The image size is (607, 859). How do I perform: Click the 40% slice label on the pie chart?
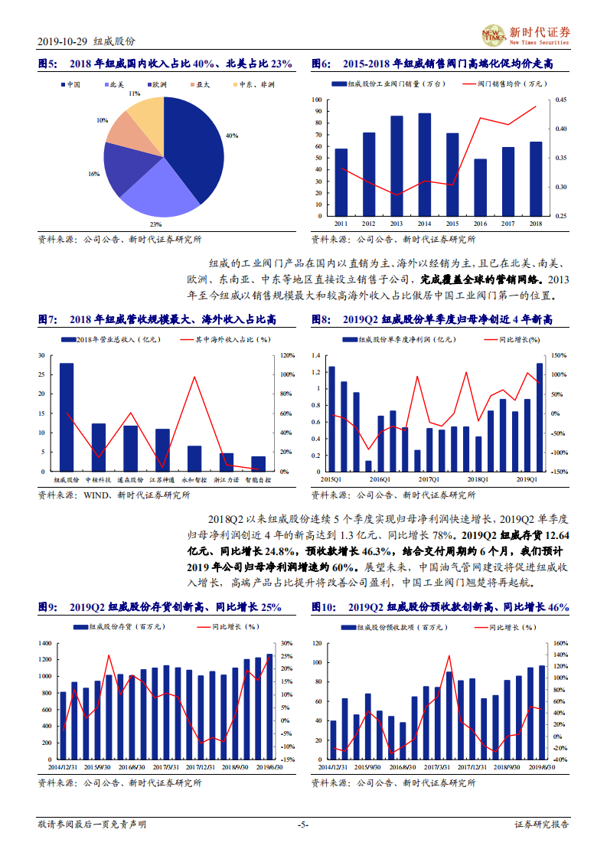point(231,136)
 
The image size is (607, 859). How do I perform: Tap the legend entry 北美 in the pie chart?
point(116,84)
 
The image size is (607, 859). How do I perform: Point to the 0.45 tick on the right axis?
point(561,100)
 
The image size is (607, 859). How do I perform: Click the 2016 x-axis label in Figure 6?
point(480,224)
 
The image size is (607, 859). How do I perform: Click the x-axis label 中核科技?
point(98,479)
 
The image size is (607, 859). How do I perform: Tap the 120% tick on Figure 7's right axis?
point(288,356)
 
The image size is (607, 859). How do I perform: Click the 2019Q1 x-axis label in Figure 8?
point(527,479)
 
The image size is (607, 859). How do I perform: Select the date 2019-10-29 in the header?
point(62,41)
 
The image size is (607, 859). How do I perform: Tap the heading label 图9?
point(47,607)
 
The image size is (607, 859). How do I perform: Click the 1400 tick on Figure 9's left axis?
point(45,643)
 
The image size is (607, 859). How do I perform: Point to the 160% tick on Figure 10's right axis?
point(559,643)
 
